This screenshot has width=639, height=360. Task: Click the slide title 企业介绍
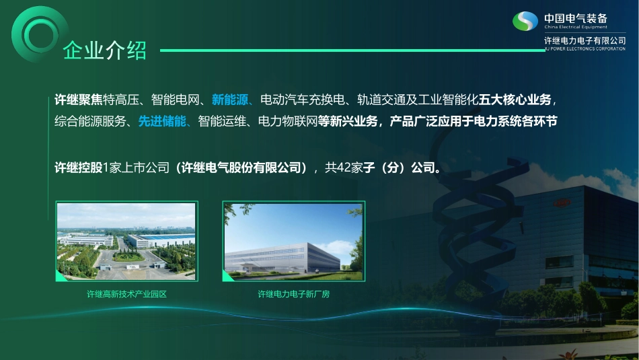coord(104,50)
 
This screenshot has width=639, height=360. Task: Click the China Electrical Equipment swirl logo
coord(525,22)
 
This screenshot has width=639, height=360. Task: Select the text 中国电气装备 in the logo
coord(575,17)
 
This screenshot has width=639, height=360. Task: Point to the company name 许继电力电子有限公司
coord(585,41)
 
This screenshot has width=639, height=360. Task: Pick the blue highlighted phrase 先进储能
coord(162,122)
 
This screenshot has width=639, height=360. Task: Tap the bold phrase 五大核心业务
coord(515,100)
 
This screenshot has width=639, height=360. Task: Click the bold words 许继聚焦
coord(79,100)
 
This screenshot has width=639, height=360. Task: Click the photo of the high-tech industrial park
coord(126,240)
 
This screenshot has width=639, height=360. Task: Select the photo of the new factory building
coord(294,240)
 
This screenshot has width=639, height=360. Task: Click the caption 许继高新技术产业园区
coord(126,294)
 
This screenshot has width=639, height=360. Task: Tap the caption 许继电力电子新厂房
coord(294,294)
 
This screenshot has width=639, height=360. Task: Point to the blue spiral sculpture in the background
coord(464,222)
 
